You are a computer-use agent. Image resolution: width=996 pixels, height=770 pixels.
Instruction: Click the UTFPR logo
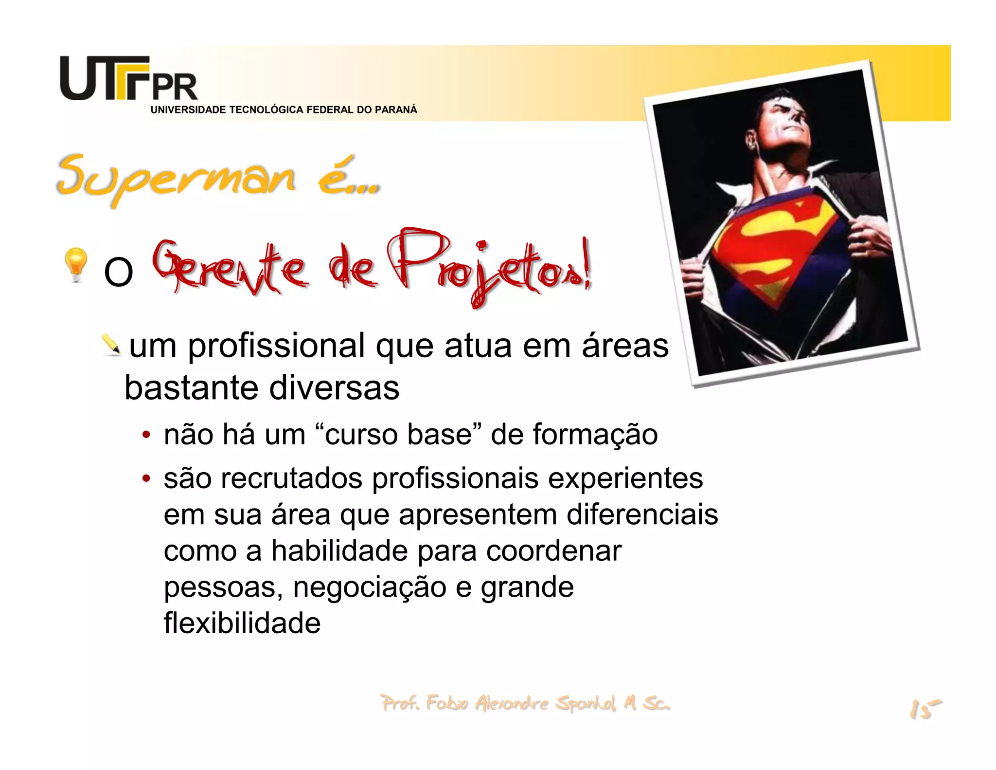128,79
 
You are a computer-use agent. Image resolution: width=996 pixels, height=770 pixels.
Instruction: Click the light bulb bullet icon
76,264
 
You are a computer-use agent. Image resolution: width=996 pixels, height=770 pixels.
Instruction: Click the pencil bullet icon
112,345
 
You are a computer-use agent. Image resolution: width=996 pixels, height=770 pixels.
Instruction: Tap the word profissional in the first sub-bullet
276,347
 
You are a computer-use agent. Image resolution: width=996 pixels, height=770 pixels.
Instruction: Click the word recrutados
291,478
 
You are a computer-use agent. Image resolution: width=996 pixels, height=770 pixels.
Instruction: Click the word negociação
369,587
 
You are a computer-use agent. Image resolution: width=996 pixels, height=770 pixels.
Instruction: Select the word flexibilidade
242,623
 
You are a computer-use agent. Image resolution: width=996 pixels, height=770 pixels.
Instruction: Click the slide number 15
925,709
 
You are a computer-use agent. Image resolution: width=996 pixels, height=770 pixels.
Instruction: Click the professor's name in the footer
525,703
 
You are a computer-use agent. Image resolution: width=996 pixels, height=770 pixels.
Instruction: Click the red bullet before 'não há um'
146,435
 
